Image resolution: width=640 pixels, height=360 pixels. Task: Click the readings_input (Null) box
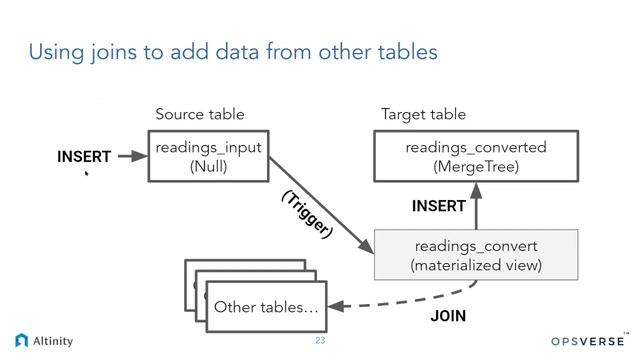coord(209,156)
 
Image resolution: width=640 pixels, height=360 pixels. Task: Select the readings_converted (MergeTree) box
coord(476,156)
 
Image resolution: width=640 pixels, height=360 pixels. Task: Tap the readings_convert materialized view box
coord(476,255)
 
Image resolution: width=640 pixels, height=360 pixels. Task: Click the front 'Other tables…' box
coord(267,307)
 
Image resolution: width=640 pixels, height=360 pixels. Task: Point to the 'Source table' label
coord(200,114)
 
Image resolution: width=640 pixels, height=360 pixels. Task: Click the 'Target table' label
coord(423,114)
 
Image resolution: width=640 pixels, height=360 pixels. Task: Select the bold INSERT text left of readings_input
coord(84,157)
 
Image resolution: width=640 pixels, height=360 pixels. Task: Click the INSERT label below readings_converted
coord(439,206)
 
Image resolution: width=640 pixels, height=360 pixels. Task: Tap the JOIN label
coord(448,316)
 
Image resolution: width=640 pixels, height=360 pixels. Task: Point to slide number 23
coord(320,341)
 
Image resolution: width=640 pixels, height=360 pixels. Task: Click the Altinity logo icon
coord(22,340)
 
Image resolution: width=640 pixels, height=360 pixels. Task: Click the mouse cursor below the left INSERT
coord(87,174)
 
